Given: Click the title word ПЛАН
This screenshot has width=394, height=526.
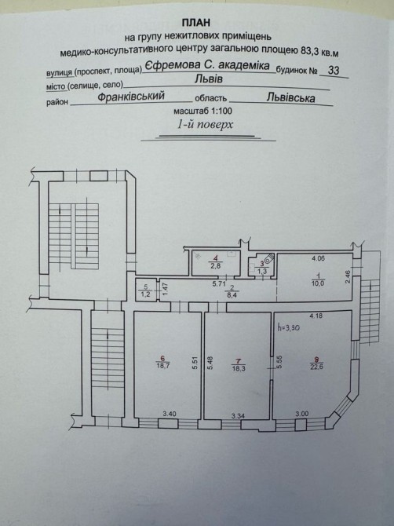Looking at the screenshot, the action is [196, 23].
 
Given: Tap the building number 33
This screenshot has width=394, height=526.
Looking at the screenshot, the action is [334, 70].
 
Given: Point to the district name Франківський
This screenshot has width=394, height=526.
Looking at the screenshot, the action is [131, 97].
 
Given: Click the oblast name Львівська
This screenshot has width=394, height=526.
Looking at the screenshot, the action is [291, 97].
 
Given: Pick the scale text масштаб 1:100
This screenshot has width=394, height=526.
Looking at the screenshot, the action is [202, 111].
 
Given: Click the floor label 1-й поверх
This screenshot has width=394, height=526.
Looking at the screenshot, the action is [205, 125].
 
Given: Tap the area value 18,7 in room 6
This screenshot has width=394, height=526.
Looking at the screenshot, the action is [163, 366].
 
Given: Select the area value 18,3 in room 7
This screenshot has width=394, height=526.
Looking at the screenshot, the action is [239, 368].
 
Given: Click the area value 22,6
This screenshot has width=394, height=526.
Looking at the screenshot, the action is [316, 367].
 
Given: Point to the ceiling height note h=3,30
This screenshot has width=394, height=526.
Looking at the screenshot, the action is [288, 327].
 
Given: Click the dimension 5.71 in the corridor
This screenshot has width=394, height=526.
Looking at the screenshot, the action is [219, 283].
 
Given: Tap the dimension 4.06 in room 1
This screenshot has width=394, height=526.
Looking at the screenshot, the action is [318, 258].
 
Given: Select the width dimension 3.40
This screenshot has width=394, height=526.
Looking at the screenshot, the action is [170, 414].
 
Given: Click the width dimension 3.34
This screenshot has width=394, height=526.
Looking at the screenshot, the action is [238, 416].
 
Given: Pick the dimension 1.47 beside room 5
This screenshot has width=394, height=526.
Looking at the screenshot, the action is [164, 289].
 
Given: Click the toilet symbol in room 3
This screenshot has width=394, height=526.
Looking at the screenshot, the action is [269, 258].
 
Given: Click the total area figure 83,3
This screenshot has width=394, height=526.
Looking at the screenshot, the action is [308, 51].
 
